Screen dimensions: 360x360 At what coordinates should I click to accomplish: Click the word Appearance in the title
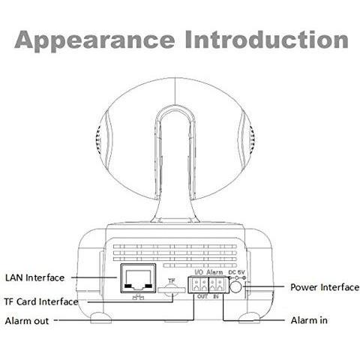[x=94, y=40]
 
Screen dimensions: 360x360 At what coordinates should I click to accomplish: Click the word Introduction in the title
[x=267, y=40]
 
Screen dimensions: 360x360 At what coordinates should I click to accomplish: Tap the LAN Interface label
[x=34, y=277]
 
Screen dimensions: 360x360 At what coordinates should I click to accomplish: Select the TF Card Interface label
[x=41, y=301]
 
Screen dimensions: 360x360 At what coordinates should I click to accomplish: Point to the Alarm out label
[x=27, y=321]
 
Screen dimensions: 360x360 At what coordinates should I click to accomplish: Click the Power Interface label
[x=325, y=287]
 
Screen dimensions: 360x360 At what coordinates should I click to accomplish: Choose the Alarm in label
[x=309, y=320]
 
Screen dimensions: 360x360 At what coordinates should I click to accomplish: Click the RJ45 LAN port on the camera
[x=138, y=278]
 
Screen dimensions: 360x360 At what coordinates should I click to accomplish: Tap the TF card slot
[x=172, y=290]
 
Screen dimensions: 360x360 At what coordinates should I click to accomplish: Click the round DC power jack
[x=235, y=286]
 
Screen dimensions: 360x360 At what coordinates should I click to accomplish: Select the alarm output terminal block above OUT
[x=198, y=285]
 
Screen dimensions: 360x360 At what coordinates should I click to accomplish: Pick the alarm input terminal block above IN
[x=219, y=285]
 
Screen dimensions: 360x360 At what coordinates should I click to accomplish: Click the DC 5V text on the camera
[x=237, y=272]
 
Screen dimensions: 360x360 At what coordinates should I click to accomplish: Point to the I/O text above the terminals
[x=199, y=271]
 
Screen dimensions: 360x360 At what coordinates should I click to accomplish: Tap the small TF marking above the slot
[x=172, y=281]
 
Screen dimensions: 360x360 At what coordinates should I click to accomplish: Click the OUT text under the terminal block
[x=202, y=296]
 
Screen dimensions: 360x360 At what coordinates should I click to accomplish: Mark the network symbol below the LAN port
[x=138, y=297]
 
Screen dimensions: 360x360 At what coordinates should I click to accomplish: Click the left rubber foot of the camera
[x=101, y=318]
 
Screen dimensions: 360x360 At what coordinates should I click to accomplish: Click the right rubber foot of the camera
[x=249, y=318]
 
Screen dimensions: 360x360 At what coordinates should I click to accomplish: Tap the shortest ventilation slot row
[x=200, y=265]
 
